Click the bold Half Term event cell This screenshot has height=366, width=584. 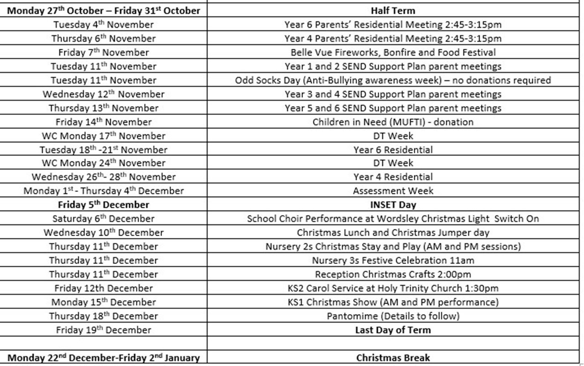tap(393, 10)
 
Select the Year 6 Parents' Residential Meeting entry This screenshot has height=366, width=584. tap(393, 25)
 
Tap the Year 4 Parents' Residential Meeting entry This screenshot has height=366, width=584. tap(393, 38)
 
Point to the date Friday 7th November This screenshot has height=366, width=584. tap(104, 52)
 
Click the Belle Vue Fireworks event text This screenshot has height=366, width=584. tap(393, 52)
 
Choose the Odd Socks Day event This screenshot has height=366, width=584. tap(393, 80)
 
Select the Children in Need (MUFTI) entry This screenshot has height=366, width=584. tap(393, 122)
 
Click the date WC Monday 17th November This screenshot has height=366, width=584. tap(104, 136)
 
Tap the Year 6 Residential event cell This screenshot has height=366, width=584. tap(393, 149)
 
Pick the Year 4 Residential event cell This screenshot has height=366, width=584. tap(393, 177)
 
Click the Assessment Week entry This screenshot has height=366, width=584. tap(393, 191)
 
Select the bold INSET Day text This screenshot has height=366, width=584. tap(393, 205)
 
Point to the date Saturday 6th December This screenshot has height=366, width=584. tap(104, 219)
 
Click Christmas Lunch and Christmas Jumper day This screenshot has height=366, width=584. tap(393, 232)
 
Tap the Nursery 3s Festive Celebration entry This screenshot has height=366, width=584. tap(393, 260)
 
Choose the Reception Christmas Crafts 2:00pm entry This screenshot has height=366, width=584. tap(393, 274)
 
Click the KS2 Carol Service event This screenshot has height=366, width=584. tap(393, 288)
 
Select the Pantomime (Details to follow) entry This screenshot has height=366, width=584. tap(393, 316)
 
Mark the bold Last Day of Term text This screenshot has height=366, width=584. tap(393, 330)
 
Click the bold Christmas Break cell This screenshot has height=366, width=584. tap(393, 358)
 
